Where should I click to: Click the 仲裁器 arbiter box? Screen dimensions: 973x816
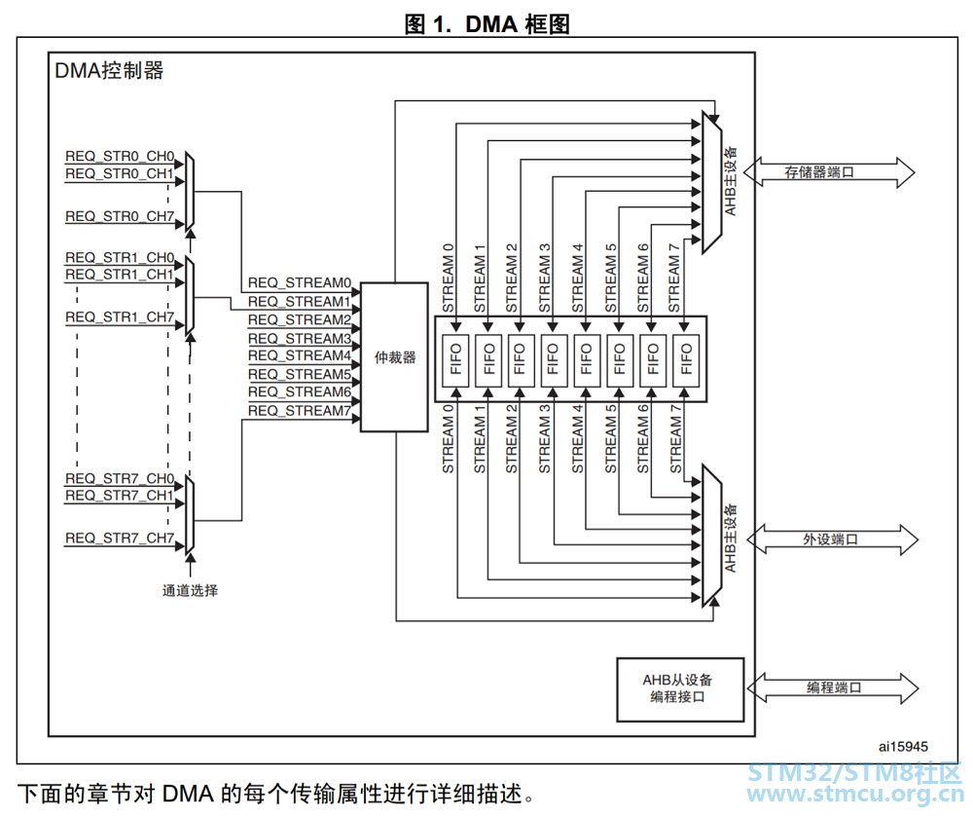pyautogui.click(x=394, y=357)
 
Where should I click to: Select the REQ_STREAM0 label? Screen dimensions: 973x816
pyautogui.click(x=299, y=283)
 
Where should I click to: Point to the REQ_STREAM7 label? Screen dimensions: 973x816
pyautogui.click(x=299, y=411)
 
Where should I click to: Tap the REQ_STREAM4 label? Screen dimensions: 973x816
pyautogui.click(x=299, y=355)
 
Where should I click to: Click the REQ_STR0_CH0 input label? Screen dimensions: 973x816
pyautogui.click(x=120, y=156)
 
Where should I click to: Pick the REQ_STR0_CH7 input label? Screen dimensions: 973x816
pyautogui.click(x=120, y=216)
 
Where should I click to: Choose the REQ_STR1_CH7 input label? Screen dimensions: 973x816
pyautogui.click(x=120, y=316)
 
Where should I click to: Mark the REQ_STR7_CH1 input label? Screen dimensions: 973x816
pyautogui.click(x=120, y=495)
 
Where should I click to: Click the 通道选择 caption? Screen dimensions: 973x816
pyautogui.click(x=190, y=590)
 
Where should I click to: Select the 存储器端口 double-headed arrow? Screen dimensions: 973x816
pyautogui.click(x=829, y=172)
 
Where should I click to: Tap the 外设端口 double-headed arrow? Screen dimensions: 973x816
pyautogui.click(x=832, y=539)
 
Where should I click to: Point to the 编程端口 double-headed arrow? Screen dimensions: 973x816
pyautogui.click(x=833, y=688)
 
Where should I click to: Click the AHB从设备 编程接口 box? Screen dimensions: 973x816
pyautogui.click(x=680, y=689)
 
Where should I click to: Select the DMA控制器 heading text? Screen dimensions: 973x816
pyautogui.click(x=109, y=70)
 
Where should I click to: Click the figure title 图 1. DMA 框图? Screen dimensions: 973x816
pyautogui.click(x=487, y=24)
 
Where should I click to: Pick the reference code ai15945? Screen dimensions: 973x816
pyautogui.click(x=903, y=747)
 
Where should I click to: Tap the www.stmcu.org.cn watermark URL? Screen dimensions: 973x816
pyautogui.click(x=855, y=795)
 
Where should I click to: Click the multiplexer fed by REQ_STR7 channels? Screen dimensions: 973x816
pyautogui.click(x=190, y=513)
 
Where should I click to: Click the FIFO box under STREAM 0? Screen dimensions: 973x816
pyautogui.click(x=456, y=359)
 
